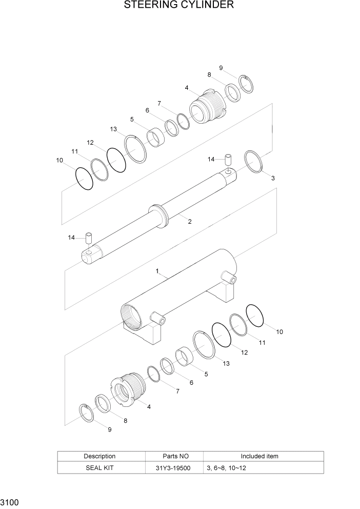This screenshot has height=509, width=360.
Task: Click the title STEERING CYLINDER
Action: tap(179, 6)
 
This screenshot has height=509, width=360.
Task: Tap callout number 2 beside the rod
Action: tap(190, 222)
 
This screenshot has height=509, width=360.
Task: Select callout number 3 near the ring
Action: tap(273, 179)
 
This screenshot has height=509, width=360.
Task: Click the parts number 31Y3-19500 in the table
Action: tap(174, 468)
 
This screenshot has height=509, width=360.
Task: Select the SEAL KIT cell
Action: tap(99, 468)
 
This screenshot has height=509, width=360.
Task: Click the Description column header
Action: tap(99, 456)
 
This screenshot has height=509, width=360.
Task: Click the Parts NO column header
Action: tap(174, 456)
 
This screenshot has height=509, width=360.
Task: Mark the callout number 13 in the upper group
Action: tap(113, 129)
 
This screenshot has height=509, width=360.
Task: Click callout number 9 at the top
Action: tap(221, 68)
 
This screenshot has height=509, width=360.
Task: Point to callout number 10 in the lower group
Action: tap(279, 332)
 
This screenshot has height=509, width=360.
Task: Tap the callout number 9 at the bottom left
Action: tap(109, 430)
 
